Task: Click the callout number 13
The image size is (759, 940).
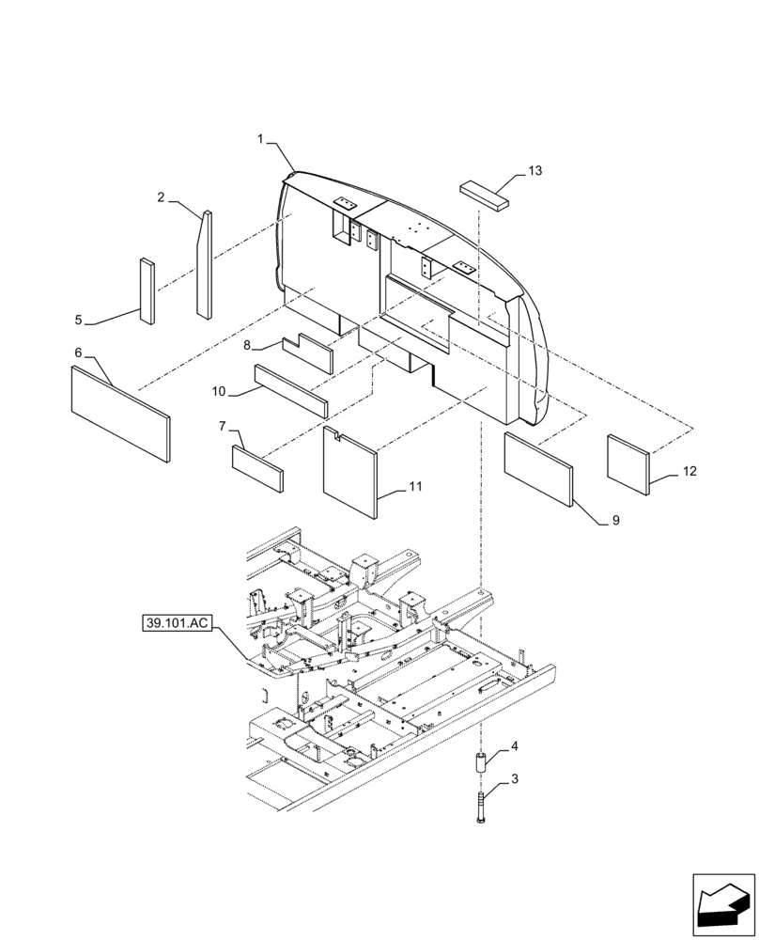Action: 534,170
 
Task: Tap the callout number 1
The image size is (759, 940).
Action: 260,139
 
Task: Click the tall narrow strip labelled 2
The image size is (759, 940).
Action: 203,268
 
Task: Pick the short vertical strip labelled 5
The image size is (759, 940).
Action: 147,291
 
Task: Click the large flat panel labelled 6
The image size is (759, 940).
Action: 120,415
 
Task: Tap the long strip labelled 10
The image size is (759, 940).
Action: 290,391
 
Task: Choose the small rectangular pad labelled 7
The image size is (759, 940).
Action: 256,468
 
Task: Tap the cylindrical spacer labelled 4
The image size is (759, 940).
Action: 480,763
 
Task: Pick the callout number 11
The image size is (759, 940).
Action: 414,486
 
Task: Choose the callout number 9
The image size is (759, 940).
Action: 615,519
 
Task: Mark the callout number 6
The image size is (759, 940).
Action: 78,352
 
